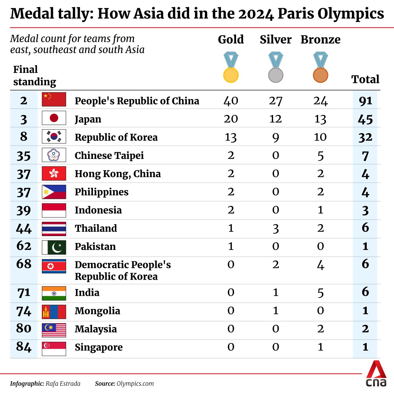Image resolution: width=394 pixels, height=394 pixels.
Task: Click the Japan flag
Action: (54, 118)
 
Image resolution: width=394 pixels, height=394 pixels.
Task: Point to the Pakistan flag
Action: (54, 247)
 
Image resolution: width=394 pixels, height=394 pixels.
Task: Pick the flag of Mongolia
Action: (54, 312)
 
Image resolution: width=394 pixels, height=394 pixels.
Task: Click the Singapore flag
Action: (54, 348)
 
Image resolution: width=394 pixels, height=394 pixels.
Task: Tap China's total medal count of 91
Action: (365, 101)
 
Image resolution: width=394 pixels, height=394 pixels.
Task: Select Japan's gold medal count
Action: (231, 119)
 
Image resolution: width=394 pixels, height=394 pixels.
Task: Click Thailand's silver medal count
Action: (275, 228)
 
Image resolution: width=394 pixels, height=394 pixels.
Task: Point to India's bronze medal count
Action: (320, 293)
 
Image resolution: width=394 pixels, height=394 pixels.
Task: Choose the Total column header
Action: (365, 79)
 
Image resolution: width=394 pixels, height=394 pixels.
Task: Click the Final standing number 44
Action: (24, 228)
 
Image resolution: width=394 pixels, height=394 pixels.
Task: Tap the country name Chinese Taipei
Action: (109, 155)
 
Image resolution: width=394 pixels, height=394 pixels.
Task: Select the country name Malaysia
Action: (96, 329)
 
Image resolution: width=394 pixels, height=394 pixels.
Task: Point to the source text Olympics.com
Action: (135, 383)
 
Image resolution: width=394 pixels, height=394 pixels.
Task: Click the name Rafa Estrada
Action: (63, 383)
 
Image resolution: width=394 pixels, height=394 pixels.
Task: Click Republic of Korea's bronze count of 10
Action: (320, 137)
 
